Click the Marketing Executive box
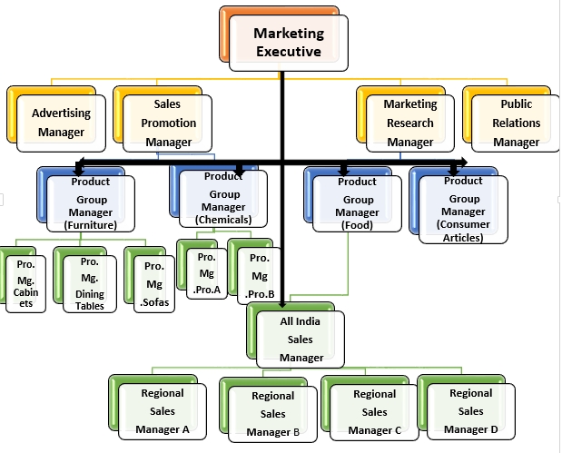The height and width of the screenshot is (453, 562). click(x=288, y=43)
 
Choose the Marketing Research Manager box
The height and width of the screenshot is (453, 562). click(x=410, y=123)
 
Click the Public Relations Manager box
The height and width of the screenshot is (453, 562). click(x=517, y=123)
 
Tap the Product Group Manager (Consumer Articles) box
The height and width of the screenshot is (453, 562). click(x=463, y=208)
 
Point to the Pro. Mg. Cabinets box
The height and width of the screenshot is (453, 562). click(x=26, y=284)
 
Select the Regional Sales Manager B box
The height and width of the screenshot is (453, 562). click(x=272, y=413)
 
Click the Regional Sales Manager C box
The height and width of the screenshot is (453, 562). click(x=374, y=410)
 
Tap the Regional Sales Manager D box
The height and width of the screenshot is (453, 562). click(x=470, y=410)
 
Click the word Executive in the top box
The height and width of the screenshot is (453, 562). click(x=288, y=52)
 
